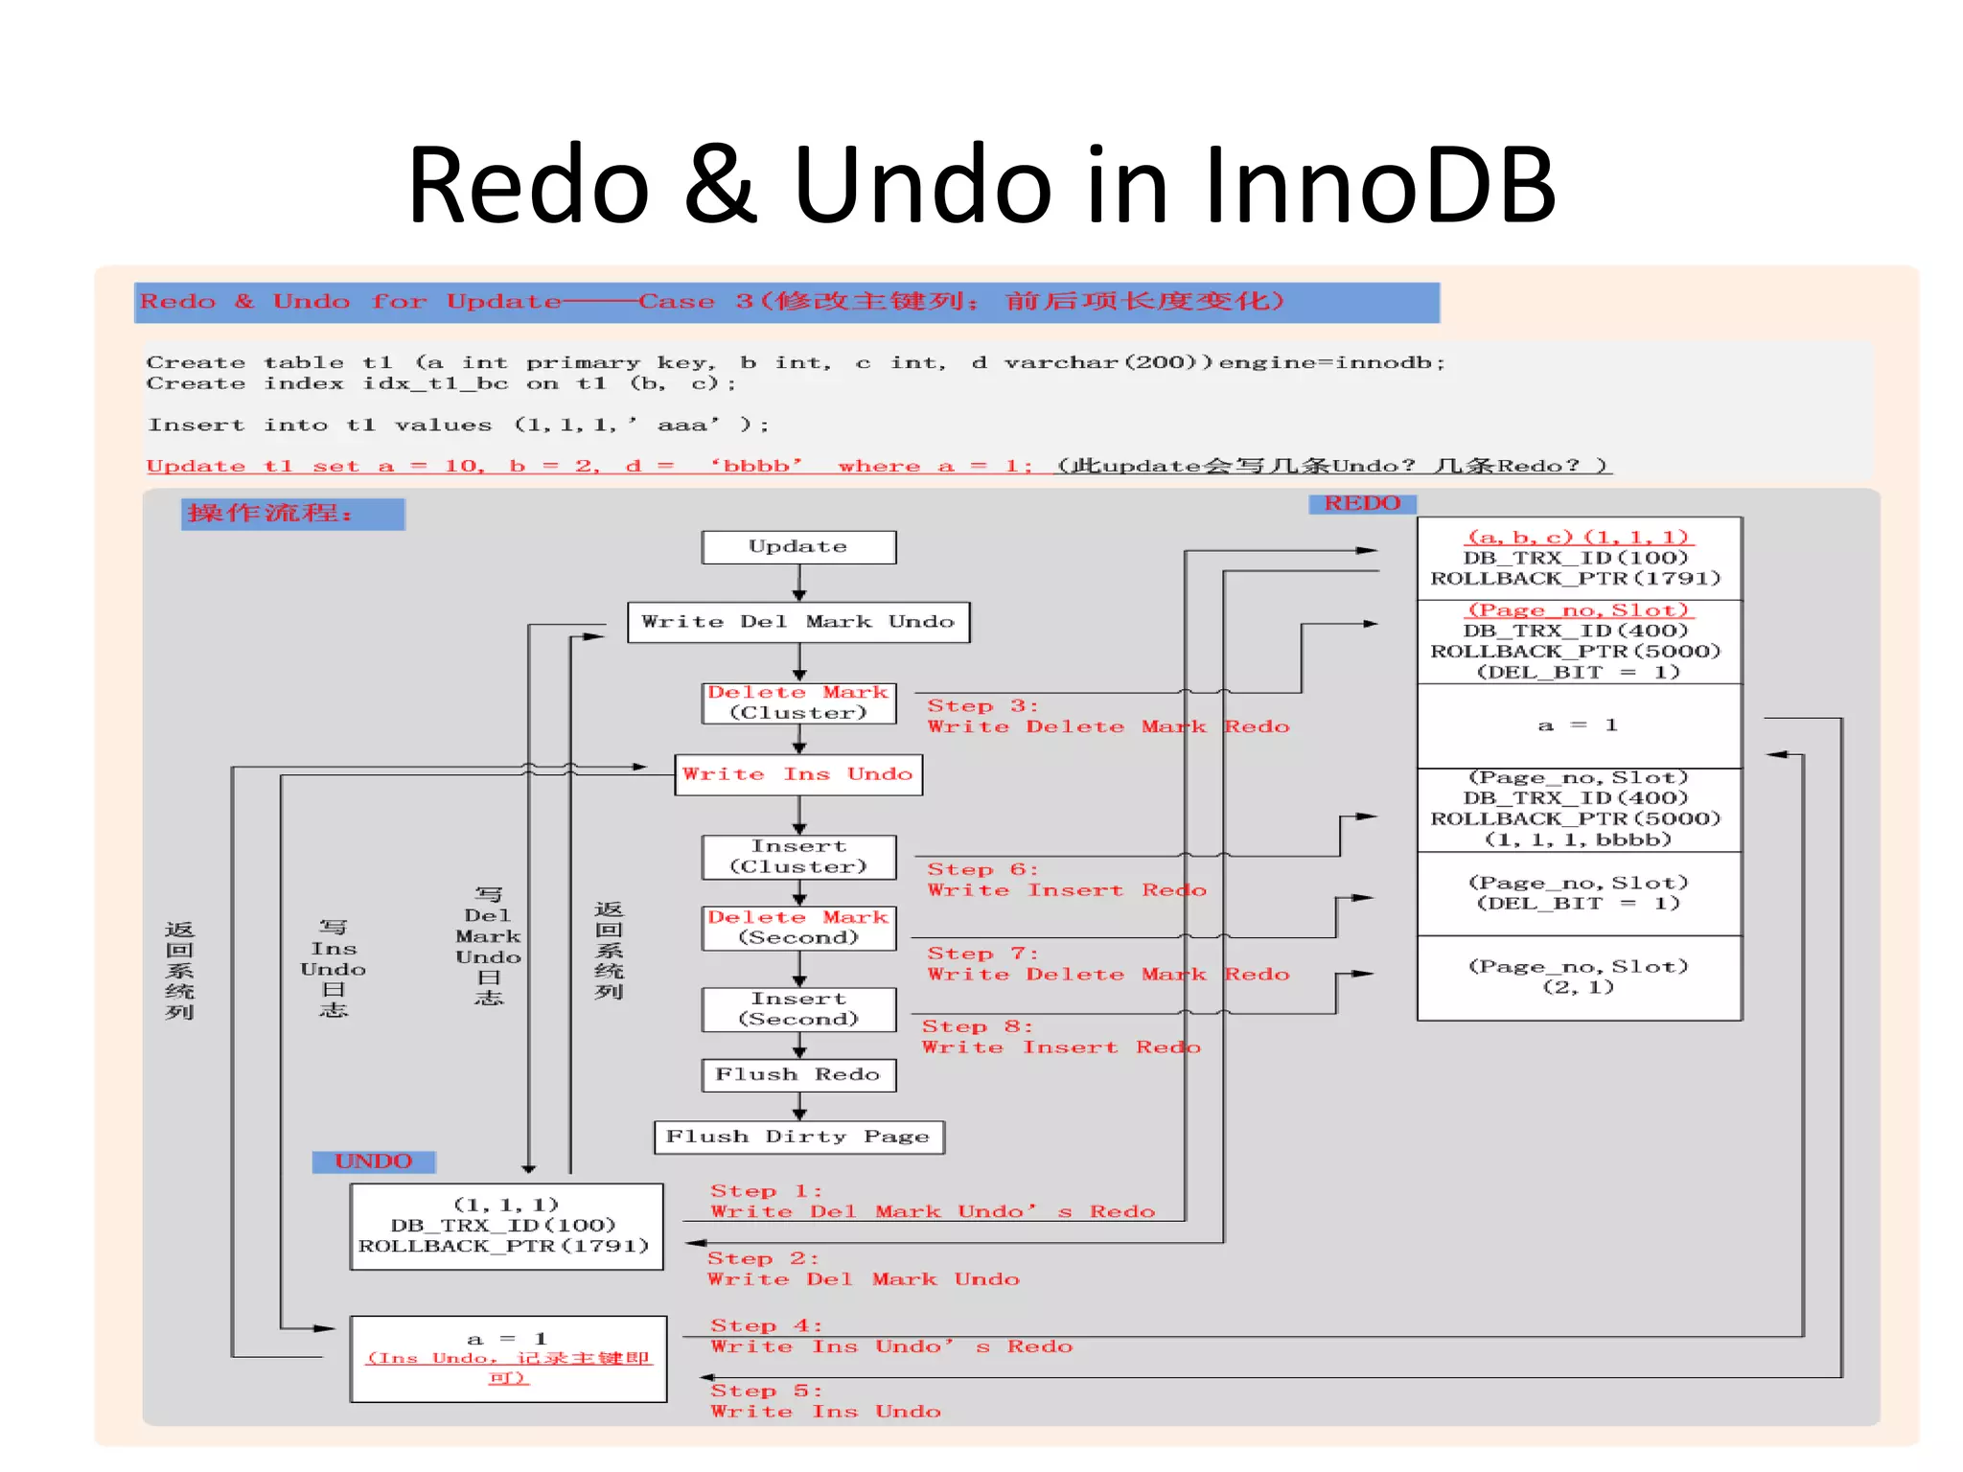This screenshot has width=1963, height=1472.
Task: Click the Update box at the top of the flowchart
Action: [x=798, y=547]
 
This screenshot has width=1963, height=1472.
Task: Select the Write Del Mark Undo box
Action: [x=798, y=622]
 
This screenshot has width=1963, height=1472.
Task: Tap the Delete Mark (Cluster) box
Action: [x=798, y=702]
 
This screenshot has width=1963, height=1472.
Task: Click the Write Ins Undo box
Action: [x=798, y=774]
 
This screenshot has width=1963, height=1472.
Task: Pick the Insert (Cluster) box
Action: [x=798, y=857]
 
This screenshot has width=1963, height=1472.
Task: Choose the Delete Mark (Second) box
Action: [x=798, y=928]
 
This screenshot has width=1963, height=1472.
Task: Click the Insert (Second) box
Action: [x=798, y=1009]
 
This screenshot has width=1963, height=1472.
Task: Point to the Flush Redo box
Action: [x=798, y=1075]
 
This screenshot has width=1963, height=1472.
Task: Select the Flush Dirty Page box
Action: [x=798, y=1137]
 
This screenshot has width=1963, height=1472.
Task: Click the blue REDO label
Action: [x=1362, y=503]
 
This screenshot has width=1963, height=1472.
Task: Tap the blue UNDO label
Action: [x=374, y=1161]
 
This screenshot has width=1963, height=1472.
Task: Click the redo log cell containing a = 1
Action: [x=1579, y=725]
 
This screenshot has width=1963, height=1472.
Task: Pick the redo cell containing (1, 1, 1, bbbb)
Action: [x=1579, y=810]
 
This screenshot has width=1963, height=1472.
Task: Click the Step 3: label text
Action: [x=981, y=706]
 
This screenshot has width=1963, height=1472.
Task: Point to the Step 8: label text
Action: [x=976, y=1026]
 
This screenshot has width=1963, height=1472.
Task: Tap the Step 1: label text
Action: [x=765, y=1191]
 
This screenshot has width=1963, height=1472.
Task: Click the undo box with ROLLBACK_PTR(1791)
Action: [x=506, y=1226]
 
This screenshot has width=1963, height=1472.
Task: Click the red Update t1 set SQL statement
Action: [x=589, y=466]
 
